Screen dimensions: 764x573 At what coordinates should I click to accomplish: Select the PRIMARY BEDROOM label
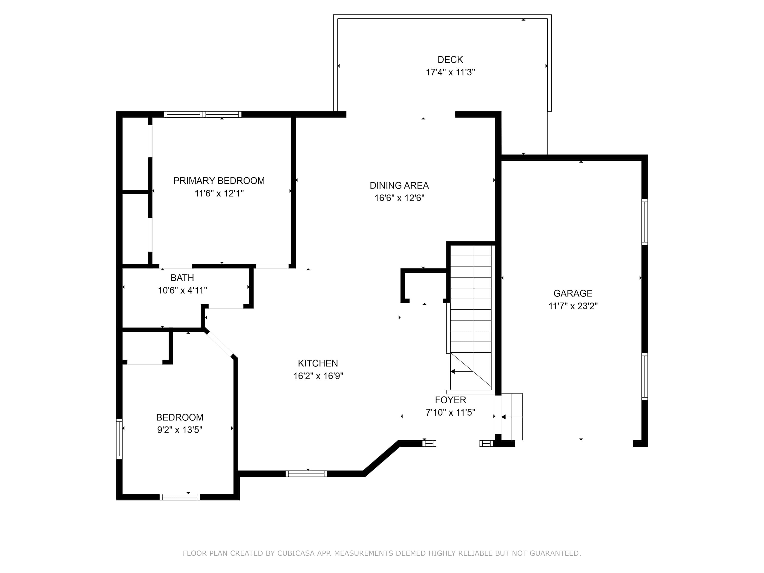point(219,181)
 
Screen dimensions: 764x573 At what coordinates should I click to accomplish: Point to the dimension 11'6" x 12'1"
point(219,193)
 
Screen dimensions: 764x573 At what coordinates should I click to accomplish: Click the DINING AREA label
point(399,185)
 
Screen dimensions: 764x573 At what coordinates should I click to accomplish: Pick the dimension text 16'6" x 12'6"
point(399,198)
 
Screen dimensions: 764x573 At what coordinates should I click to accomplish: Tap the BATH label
point(182,278)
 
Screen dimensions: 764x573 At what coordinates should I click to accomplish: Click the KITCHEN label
point(318,363)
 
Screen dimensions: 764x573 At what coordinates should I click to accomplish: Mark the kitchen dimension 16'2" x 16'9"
point(318,376)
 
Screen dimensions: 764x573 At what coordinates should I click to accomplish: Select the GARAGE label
point(573,293)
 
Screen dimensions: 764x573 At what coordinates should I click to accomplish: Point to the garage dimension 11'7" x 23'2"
point(573,306)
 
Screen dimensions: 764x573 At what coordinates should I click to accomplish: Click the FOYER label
point(451,400)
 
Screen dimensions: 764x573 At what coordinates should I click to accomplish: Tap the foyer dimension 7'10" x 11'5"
point(451,412)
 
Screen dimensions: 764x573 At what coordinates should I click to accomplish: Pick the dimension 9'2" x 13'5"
point(180,430)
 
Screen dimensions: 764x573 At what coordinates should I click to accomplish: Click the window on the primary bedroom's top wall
point(203,114)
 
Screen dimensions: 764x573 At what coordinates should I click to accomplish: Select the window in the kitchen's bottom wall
point(306,473)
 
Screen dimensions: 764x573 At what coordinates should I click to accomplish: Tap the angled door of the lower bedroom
point(220,344)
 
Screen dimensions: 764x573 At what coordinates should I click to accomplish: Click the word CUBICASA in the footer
point(296,554)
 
